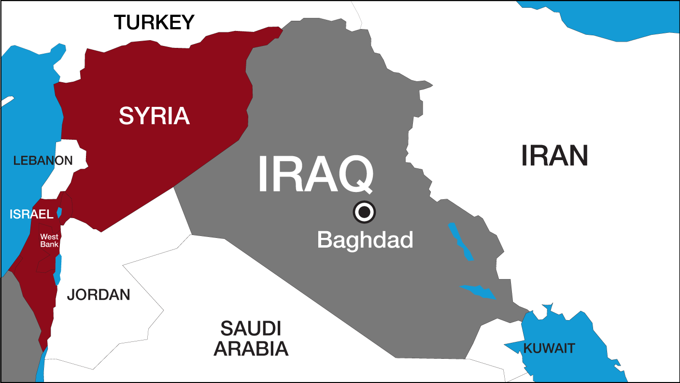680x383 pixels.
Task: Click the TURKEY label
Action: click(154, 22)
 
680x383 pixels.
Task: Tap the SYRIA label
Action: click(154, 116)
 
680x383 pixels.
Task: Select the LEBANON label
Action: click(43, 161)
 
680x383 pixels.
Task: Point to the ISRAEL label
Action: click(31, 214)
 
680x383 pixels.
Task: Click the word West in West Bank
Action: click(49, 237)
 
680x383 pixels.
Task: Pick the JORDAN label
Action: click(99, 295)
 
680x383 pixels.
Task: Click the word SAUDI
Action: click(251, 329)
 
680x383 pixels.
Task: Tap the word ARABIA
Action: click(251, 348)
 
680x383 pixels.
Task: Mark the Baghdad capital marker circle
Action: click(364, 212)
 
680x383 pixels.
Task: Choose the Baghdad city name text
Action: click(365, 239)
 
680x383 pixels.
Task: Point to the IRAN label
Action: click(554, 156)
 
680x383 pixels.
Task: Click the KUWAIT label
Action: click(550, 348)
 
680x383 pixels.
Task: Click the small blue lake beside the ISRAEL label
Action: click(59, 212)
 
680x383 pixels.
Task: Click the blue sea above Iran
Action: click(604, 19)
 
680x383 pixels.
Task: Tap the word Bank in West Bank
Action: click(49, 244)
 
